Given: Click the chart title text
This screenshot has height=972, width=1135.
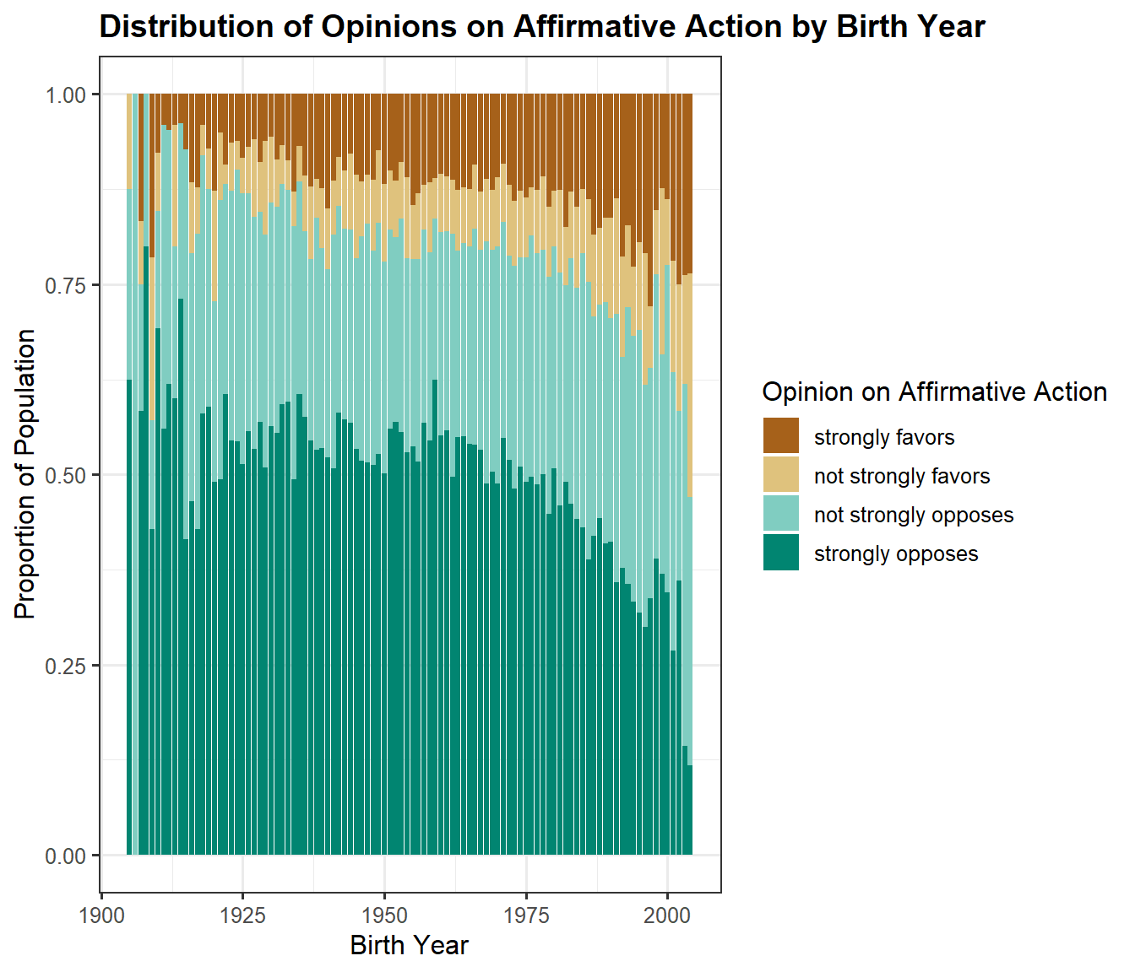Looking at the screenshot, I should [x=542, y=27].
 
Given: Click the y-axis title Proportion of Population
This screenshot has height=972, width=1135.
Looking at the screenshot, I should [x=25, y=474].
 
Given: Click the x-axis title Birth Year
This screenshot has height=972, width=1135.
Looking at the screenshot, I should [x=409, y=945].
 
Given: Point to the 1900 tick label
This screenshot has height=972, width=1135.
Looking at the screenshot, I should [x=101, y=916].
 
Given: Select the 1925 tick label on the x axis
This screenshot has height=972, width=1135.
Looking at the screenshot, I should [x=242, y=916].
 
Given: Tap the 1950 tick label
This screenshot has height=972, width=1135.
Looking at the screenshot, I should [x=384, y=916].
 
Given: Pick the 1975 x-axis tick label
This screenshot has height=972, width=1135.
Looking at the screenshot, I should [x=526, y=916].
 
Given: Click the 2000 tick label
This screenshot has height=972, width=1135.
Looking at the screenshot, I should [x=667, y=916].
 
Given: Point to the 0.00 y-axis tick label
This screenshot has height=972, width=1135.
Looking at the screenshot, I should [x=66, y=856].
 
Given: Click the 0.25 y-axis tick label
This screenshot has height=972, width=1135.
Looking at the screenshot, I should [x=66, y=666].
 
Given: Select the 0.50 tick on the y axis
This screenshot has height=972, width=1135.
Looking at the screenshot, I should [x=66, y=476].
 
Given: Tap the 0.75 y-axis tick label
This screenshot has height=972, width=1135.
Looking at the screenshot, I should [x=66, y=285].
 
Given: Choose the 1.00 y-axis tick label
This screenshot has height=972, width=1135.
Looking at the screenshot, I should [x=66, y=95].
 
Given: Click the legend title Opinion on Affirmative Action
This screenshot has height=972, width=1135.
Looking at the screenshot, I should [x=934, y=391].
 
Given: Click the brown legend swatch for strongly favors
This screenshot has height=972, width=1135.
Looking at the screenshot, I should [x=781, y=436].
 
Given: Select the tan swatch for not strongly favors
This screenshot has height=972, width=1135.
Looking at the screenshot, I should [x=781, y=475].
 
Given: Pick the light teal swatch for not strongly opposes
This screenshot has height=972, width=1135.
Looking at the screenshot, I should [x=781, y=514].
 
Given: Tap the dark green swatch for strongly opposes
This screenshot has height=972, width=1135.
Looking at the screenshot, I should [x=781, y=553].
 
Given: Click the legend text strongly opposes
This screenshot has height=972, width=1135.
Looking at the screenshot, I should [x=896, y=553].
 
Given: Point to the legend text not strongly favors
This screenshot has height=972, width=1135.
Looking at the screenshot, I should [x=902, y=476].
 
